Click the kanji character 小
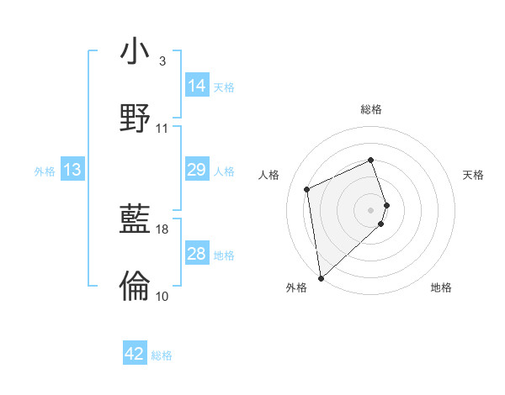click(x=136, y=52)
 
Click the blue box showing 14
click(x=197, y=86)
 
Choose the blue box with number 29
click(x=197, y=170)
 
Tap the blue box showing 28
click(x=197, y=254)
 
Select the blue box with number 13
click(x=72, y=171)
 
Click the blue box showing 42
click(x=135, y=354)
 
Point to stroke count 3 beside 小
click(x=162, y=61)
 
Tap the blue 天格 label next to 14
click(x=224, y=87)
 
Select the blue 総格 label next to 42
click(x=162, y=355)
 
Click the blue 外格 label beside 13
click(x=45, y=171)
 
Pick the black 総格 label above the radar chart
click(x=371, y=109)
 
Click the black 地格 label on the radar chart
click(x=441, y=287)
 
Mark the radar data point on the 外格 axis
click(x=320, y=277)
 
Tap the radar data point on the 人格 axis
click(x=307, y=188)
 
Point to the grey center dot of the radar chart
click(x=371, y=209)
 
